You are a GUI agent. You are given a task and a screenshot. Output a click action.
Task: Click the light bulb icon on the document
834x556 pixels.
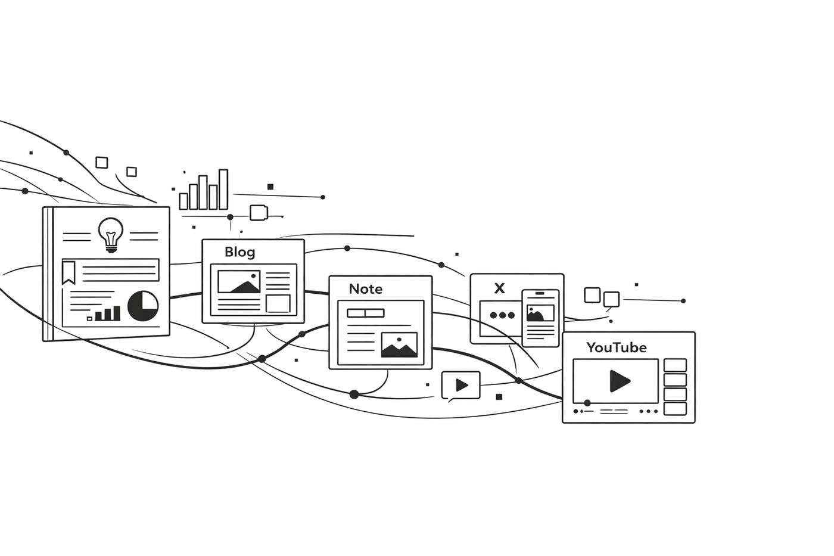pyautogui.click(x=111, y=233)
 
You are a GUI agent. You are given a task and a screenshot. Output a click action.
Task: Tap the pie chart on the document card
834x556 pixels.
pyautogui.click(x=143, y=305)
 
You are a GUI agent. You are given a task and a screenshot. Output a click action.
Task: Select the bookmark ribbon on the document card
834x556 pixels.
pyautogui.click(x=69, y=272)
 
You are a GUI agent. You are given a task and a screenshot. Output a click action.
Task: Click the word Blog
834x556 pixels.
pyautogui.click(x=239, y=252)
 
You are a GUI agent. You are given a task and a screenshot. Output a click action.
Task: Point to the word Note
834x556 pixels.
pyautogui.click(x=365, y=289)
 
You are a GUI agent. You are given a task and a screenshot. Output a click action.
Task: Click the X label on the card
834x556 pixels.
pyautogui.click(x=499, y=288)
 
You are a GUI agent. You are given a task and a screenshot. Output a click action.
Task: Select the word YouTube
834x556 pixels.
pyautogui.click(x=616, y=347)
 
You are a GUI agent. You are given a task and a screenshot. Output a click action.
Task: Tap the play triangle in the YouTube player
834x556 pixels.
pyautogui.click(x=619, y=381)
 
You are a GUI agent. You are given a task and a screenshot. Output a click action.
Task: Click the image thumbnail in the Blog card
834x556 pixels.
pyautogui.click(x=238, y=282)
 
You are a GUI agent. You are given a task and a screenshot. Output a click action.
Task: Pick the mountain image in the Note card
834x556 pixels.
pyautogui.click(x=399, y=345)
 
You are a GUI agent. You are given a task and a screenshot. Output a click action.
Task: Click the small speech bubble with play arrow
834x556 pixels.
pyautogui.click(x=460, y=385)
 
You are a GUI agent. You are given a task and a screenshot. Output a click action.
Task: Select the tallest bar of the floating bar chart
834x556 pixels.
pyautogui.click(x=223, y=190)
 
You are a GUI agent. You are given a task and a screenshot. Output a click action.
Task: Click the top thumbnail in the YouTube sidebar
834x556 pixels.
pyautogui.click(x=675, y=365)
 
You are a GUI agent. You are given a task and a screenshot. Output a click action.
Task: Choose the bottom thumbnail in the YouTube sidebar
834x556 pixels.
pyautogui.click(x=675, y=409)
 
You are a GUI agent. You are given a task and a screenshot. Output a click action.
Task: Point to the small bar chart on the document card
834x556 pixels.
pyautogui.click(x=107, y=313)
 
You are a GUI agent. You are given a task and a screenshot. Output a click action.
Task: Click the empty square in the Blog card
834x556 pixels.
pyautogui.click(x=278, y=303)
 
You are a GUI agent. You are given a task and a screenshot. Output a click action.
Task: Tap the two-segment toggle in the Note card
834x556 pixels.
pyautogui.click(x=366, y=313)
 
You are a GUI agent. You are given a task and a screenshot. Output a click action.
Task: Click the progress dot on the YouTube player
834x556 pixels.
pyautogui.click(x=587, y=403)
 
